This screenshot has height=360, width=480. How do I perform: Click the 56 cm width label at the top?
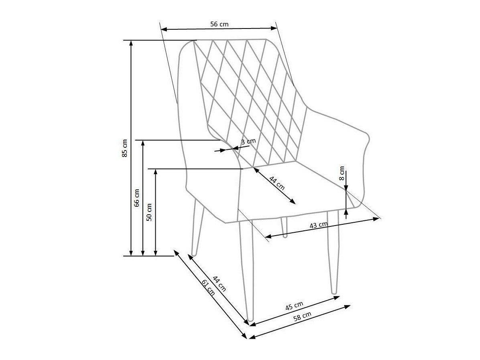coord(219,24)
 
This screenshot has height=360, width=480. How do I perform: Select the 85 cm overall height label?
coord(124,148)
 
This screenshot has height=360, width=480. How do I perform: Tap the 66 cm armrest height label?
coord(136,198)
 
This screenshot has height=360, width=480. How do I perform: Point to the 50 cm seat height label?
coord(149,212)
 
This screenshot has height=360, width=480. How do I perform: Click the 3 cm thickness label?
coord(248,142)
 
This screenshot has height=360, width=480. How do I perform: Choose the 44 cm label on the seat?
coord(277,183)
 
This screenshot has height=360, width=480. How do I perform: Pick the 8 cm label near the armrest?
coord(342,173)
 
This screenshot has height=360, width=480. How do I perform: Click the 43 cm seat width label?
coord(318,225)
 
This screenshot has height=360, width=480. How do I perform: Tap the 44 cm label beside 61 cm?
coord(220,284)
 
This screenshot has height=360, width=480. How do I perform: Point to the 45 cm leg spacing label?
coord(294,306)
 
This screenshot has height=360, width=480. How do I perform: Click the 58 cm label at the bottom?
coord(302,315)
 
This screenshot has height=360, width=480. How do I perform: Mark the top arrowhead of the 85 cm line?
coord(131,43)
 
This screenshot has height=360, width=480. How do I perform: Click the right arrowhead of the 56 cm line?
coord(274,28)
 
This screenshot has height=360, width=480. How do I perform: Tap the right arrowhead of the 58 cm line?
coord(348,306)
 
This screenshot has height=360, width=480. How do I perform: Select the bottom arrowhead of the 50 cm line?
coord(155,253)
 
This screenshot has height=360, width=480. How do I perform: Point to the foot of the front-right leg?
coord(334,292)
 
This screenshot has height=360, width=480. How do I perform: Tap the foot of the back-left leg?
coord(193,254)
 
